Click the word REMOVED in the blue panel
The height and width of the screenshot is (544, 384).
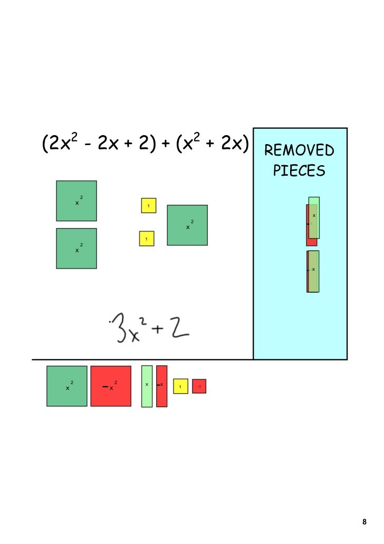[x=299, y=151]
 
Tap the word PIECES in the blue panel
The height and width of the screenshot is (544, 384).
[x=299, y=171]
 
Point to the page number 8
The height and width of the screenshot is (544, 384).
[x=364, y=522]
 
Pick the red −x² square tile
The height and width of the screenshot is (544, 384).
[x=111, y=386]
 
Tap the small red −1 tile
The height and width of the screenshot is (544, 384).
[x=199, y=386]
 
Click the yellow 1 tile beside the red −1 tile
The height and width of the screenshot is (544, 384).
[x=180, y=386]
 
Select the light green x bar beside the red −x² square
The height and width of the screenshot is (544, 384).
[x=147, y=386]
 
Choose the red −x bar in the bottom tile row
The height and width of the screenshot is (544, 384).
[x=161, y=386]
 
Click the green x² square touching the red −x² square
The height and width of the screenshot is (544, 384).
[x=67, y=386]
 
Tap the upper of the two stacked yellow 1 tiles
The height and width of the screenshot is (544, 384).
[x=148, y=205]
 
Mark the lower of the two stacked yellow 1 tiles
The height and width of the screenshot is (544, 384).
[x=147, y=238]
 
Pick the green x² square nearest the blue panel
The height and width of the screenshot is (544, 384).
[x=187, y=225]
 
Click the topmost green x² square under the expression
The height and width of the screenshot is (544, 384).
[x=76, y=201]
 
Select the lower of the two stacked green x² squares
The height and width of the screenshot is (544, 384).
[x=76, y=249]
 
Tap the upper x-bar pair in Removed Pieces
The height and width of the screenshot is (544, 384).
[x=312, y=222]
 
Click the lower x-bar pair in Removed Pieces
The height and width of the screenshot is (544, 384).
[x=313, y=271]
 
